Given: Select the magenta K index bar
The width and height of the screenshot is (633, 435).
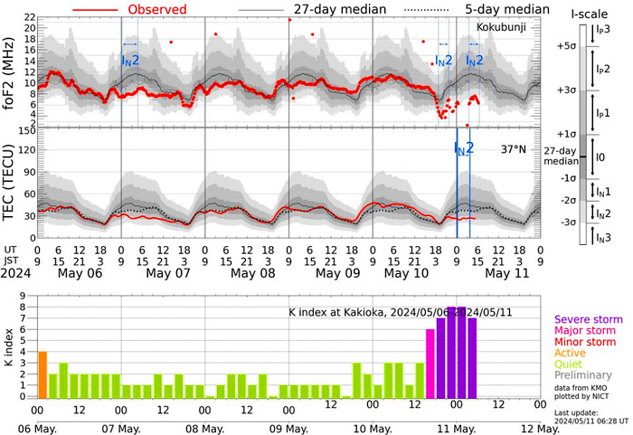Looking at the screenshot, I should [x=430, y=363].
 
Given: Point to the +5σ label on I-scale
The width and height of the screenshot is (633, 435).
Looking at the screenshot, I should [x=567, y=45].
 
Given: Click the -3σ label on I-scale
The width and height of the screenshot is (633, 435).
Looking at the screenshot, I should [x=567, y=222].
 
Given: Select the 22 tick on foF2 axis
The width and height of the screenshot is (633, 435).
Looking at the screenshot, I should [x=28, y=18].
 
